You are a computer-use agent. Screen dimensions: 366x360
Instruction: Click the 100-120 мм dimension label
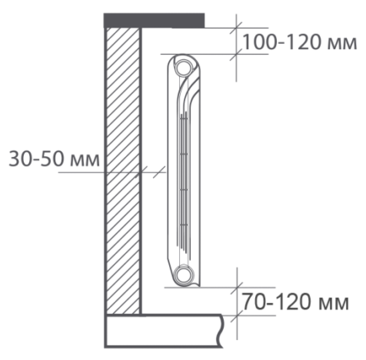[300, 42]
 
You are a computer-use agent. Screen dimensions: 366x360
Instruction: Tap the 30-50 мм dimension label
[54, 159]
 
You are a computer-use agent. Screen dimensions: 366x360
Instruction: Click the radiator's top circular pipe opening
[183, 68]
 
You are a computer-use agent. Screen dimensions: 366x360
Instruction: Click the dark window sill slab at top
[154, 20]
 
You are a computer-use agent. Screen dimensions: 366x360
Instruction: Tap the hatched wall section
[123, 171]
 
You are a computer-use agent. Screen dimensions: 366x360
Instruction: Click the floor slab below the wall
[163, 331]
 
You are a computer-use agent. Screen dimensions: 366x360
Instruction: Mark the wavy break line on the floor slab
[220, 331]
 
